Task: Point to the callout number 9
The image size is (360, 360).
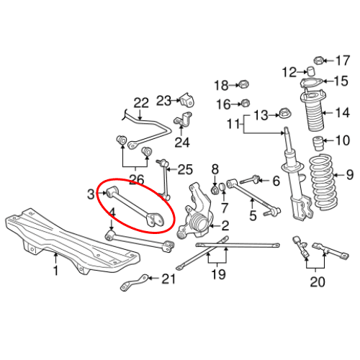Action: point(351,174)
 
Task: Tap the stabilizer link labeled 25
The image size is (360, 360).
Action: point(166,181)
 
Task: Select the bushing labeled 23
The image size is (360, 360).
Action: point(189,99)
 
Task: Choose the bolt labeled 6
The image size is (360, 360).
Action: point(253,179)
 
